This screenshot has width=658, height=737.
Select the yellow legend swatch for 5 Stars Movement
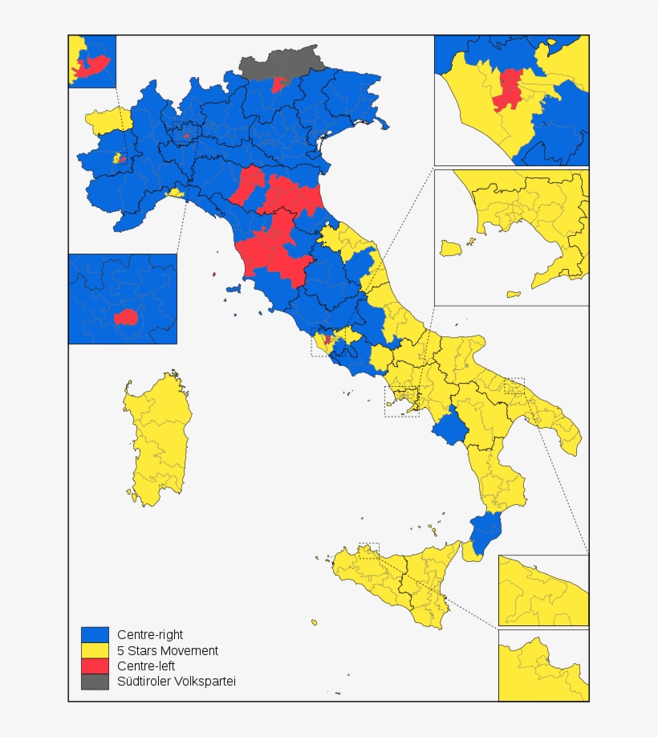pos(95,650)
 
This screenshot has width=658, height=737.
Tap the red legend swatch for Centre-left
pos(95,666)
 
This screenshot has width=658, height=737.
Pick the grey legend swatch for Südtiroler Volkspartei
pos(95,681)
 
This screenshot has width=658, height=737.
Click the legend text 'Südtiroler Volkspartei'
pos(177,681)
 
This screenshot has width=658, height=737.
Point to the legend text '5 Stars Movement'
pos(167,650)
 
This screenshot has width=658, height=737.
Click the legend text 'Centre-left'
pos(146,666)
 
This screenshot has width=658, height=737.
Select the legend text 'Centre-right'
pos(150,635)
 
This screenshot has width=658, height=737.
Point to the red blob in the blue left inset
pos(126,317)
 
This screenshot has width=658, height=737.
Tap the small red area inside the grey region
pos(280,83)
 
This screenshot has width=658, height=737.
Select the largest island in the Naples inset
pos(452,247)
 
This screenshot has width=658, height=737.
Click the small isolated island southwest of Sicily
pos(314,622)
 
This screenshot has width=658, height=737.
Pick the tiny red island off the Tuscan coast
pos(214,275)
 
